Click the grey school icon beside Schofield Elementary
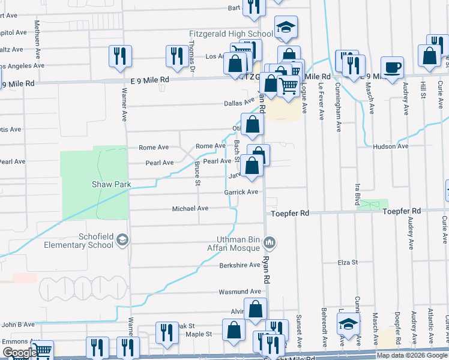tap(123, 241)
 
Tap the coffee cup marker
tap(392, 67)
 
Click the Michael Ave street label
tap(190, 209)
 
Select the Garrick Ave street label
tap(241, 192)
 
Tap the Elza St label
tap(347, 262)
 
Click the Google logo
tap(19, 353)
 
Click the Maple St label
tap(199, 334)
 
